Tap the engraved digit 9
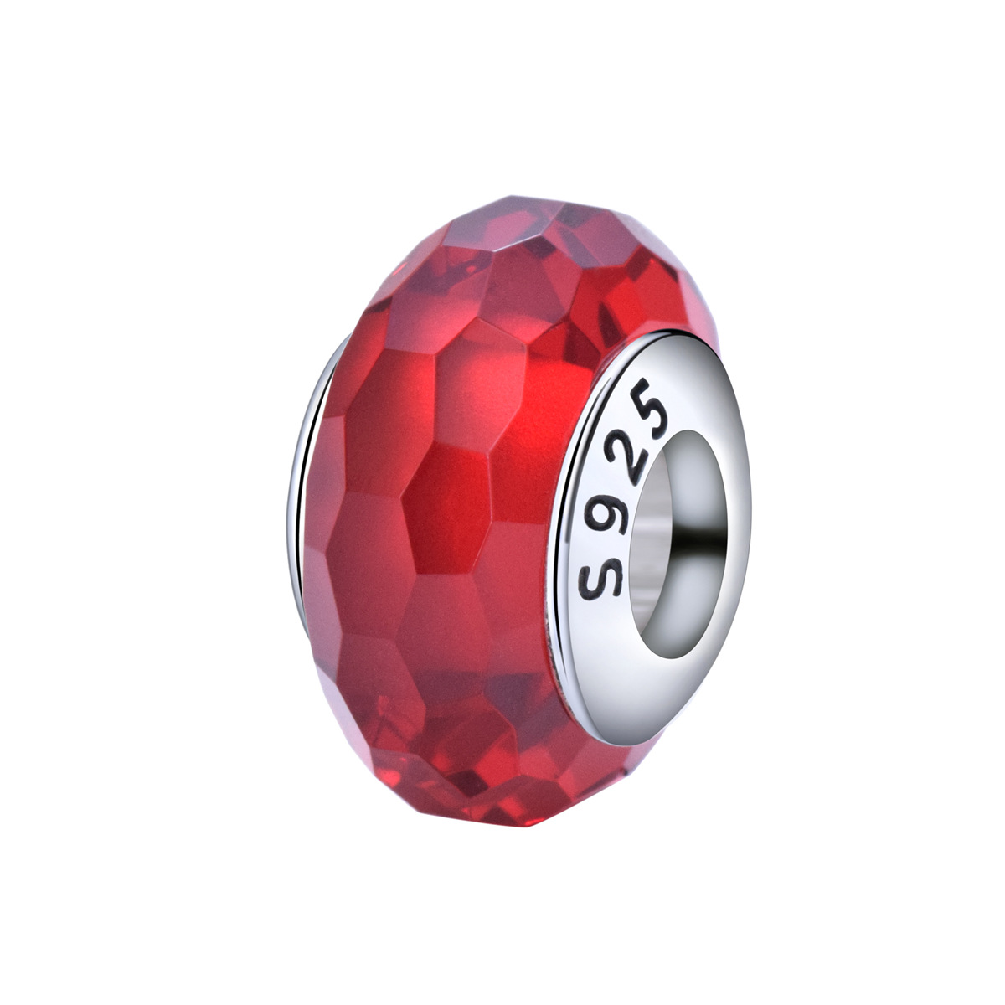pos(605,516)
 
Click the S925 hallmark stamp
pos(623,489)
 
